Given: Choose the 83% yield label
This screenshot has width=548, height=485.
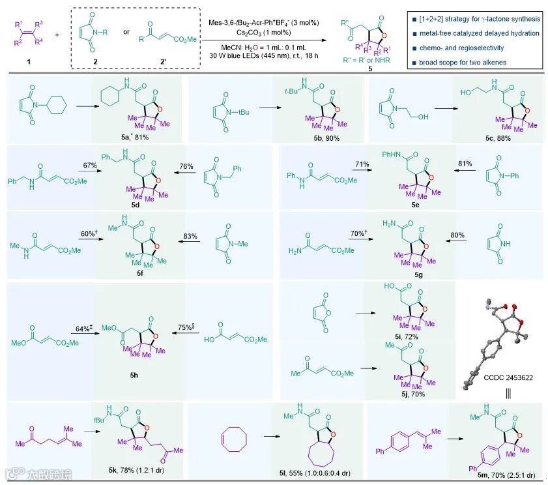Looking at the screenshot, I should point(190,233).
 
